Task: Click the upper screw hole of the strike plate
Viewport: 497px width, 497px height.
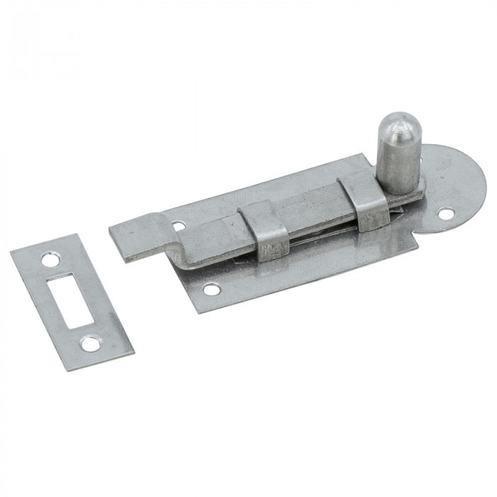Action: coord(50,260)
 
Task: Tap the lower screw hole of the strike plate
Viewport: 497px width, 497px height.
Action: coord(90,343)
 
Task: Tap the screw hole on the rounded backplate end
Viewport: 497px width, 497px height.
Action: coord(445,212)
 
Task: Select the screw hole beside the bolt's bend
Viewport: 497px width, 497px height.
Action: coord(178,226)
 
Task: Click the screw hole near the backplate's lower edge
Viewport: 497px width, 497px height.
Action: coord(209,290)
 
